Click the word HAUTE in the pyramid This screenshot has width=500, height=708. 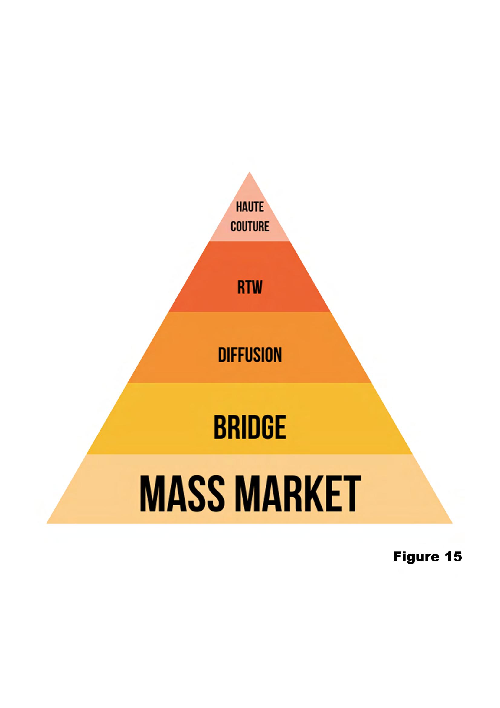click(x=250, y=207)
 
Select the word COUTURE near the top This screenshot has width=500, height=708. click(x=250, y=227)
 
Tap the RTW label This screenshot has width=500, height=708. click(x=250, y=287)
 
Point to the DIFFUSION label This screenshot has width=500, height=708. click(x=250, y=355)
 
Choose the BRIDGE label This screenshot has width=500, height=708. click(x=250, y=427)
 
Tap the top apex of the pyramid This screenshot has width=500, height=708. click(x=250, y=173)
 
